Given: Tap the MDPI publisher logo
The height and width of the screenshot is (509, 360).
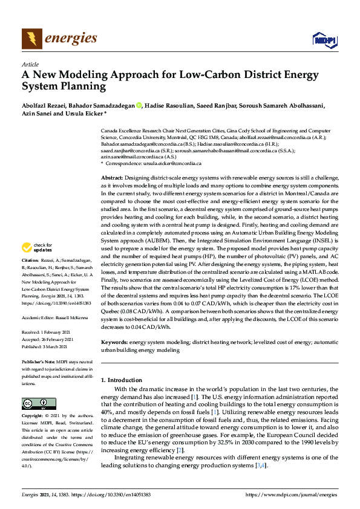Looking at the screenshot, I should coord(324,40).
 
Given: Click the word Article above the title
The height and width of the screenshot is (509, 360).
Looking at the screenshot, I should coord(30,64).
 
